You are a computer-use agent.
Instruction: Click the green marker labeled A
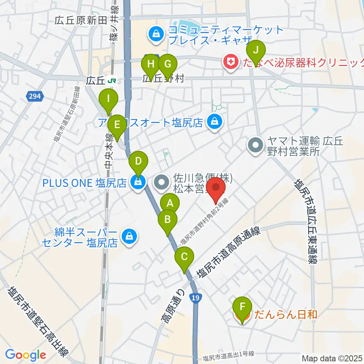pyautogui.click(x=170, y=203)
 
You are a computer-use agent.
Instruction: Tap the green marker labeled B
pyautogui.click(x=167, y=219)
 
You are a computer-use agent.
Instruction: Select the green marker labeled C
pyautogui.click(x=184, y=257)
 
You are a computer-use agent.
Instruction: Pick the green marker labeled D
pyautogui.click(x=138, y=162)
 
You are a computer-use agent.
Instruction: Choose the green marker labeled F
pyautogui.click(x=243, y=306)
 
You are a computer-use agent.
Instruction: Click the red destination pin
pyautogui.click(x=216, y=187)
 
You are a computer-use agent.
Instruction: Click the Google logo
pyautogui.click(x=25, y=355)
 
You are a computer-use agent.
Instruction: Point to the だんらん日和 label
pyautogui.click(x=286, y=314)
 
